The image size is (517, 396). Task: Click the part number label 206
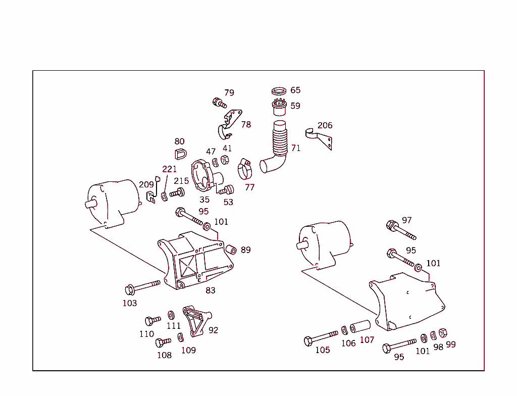[x=325, y=125]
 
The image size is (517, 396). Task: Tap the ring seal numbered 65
[x=279, y=91]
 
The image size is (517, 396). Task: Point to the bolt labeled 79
[x=219, y=103]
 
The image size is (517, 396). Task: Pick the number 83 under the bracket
[x=210, y=290]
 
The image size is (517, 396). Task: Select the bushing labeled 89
[x=231, y=250]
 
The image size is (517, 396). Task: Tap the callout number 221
[x=169, y=169]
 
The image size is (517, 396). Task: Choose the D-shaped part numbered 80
[x=180, y=154]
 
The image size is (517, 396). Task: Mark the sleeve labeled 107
[x=360, y=326]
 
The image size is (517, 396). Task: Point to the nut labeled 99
[x=442, y=333]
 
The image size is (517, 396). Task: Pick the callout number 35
[x=204, y=200]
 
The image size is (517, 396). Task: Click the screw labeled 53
[x=227, y=190]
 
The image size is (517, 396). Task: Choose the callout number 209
[x=146, y=185]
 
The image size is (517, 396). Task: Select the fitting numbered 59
[x=280, y=107]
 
